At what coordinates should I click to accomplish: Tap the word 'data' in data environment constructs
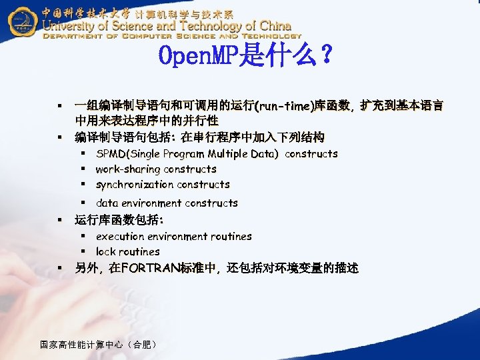pos(107,203)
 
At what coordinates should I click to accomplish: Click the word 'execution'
pos(121,236)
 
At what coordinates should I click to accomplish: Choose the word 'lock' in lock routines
pos(106,252)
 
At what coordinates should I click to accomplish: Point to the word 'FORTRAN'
pos(148,268)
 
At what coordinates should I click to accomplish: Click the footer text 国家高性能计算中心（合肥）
pos(99,345)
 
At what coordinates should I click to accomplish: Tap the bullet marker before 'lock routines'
pos(85,252)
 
